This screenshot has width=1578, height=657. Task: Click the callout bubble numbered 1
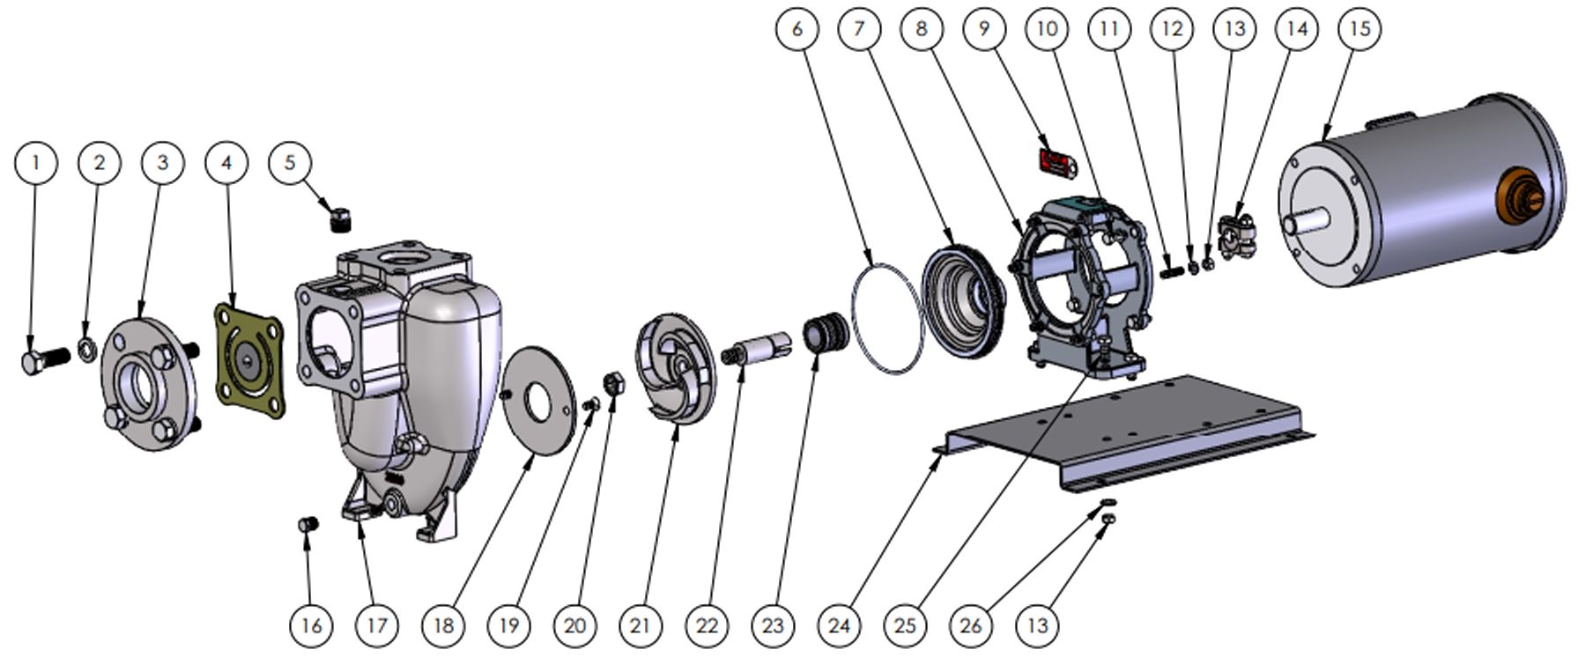click(36, 162)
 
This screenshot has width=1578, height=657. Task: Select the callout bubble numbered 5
click(290, 162)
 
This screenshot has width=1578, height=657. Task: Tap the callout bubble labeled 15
click(1359, 28)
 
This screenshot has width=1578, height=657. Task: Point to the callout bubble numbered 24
click(839, 625)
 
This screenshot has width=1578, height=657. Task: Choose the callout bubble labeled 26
click(971, 625)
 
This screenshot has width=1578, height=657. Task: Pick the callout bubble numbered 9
click(984, 28)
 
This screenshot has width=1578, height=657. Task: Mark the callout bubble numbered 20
click(574, 625)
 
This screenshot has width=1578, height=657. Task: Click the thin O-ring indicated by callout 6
click(887, 317)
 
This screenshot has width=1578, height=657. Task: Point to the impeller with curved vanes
click(678, 367)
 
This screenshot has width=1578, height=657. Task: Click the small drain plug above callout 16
click(307, 525)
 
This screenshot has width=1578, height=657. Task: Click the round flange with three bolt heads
click(147, 383)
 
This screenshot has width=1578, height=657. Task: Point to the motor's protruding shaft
click(1303, 223)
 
